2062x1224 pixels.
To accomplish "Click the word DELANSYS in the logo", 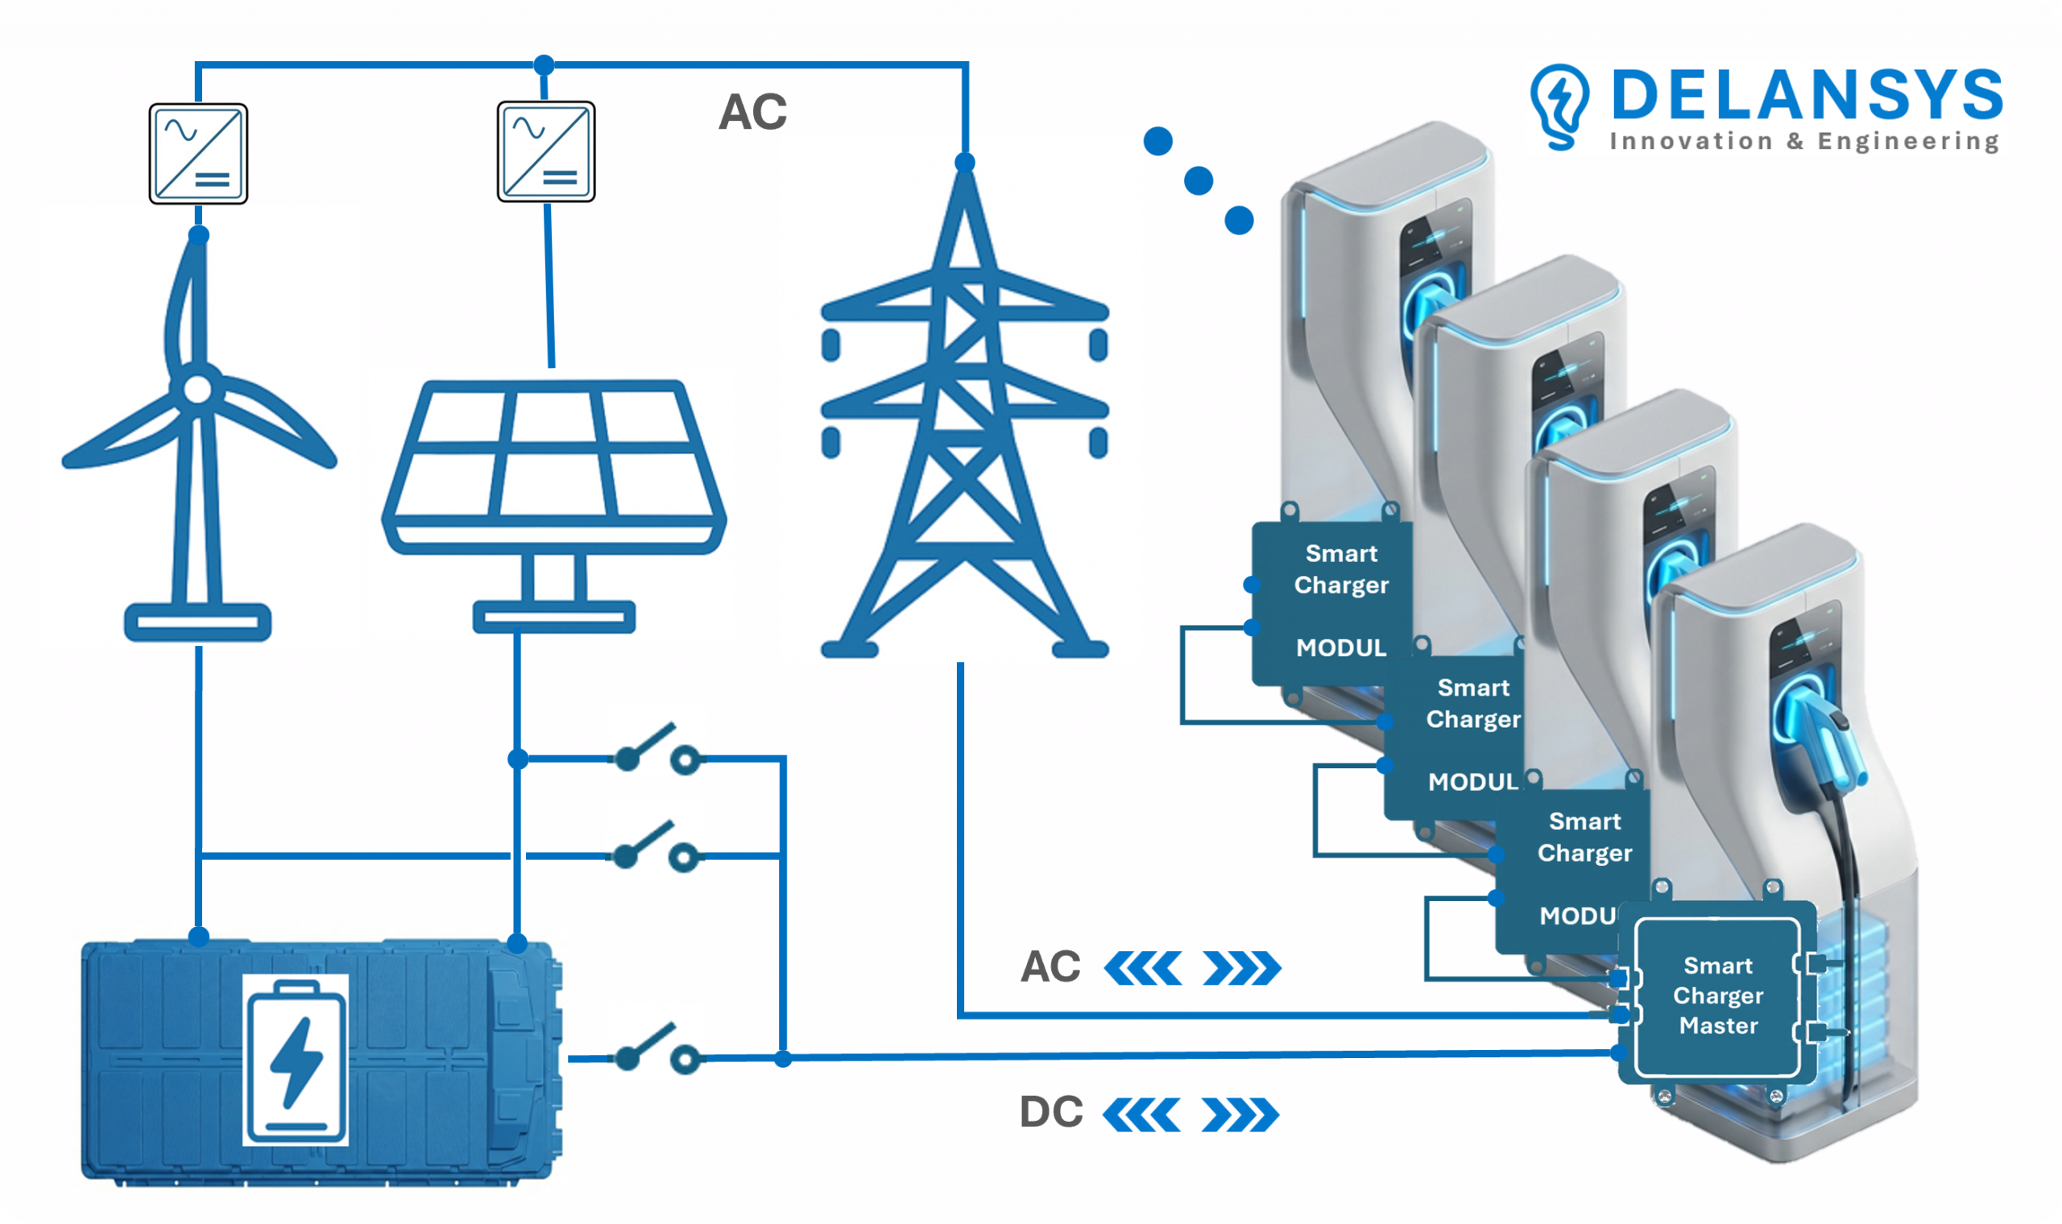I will point(1807,96).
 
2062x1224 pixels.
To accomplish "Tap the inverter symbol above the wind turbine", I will point(198,154).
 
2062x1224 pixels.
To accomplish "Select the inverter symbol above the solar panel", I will point(546,151).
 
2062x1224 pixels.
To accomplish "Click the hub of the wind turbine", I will point(197,389).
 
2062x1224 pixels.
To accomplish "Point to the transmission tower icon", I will point(964,429).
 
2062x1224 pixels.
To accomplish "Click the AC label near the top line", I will point(752,112).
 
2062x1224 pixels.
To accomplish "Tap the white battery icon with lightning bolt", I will point(296,1060).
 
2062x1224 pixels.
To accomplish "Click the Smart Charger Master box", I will point(1717,995).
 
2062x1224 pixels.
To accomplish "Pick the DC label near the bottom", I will point(1051,1112).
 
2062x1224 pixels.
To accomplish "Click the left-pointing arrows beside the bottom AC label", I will point(1142,968).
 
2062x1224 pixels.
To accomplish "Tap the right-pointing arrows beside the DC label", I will point(1240,1115).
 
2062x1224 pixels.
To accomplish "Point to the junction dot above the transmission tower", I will point(964,163).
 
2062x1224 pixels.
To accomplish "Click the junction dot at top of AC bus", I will point(544,64).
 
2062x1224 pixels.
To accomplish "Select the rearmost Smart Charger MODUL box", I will point(1332,602).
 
